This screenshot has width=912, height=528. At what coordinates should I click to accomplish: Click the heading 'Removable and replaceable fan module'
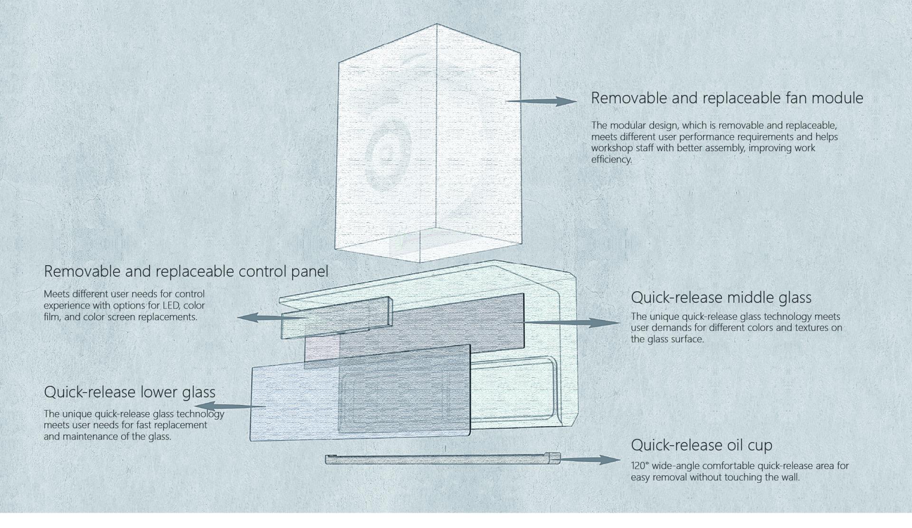click(x=727, y=98)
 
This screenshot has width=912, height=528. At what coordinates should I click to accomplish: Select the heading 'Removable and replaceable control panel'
click(x=186, y=271)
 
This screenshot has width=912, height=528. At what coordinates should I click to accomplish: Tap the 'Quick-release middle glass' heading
click(x=721, y=298)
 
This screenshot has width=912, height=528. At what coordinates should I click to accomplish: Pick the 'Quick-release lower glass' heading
click(x=129, y=392)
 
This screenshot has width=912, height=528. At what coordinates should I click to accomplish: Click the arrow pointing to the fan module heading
click(x=541, y=101)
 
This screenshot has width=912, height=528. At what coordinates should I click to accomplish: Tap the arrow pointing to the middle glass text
click(x=572, y=323)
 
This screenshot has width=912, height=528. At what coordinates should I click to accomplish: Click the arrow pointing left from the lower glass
click(x=230, y=406)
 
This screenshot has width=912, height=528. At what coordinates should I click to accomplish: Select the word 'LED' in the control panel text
click(x=171, y=305)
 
